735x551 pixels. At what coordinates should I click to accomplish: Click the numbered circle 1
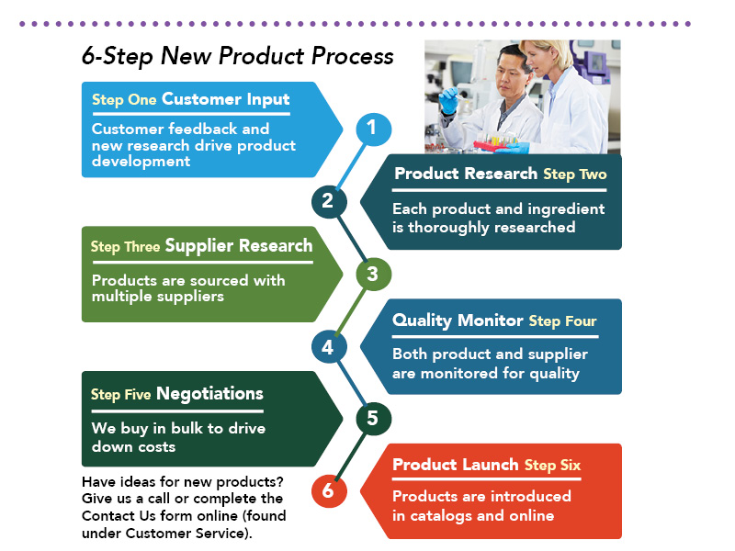[372, 128]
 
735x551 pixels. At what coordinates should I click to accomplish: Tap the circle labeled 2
[328, 200]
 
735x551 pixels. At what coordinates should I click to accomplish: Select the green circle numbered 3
[372, 274]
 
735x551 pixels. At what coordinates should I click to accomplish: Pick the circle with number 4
[328, 346]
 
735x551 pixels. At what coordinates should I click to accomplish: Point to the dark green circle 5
[372, 419]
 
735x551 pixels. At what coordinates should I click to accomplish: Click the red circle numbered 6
[328, 491]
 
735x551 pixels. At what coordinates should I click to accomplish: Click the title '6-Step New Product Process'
[237, 56]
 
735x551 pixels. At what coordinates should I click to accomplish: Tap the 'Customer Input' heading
[225, 99]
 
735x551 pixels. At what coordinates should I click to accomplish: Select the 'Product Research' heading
[466, 174]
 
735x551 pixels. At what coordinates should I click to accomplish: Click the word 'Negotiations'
[209, 394]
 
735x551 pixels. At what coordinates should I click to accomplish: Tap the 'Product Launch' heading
[456, 465]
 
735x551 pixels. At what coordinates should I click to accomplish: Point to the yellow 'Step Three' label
[124, 247]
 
